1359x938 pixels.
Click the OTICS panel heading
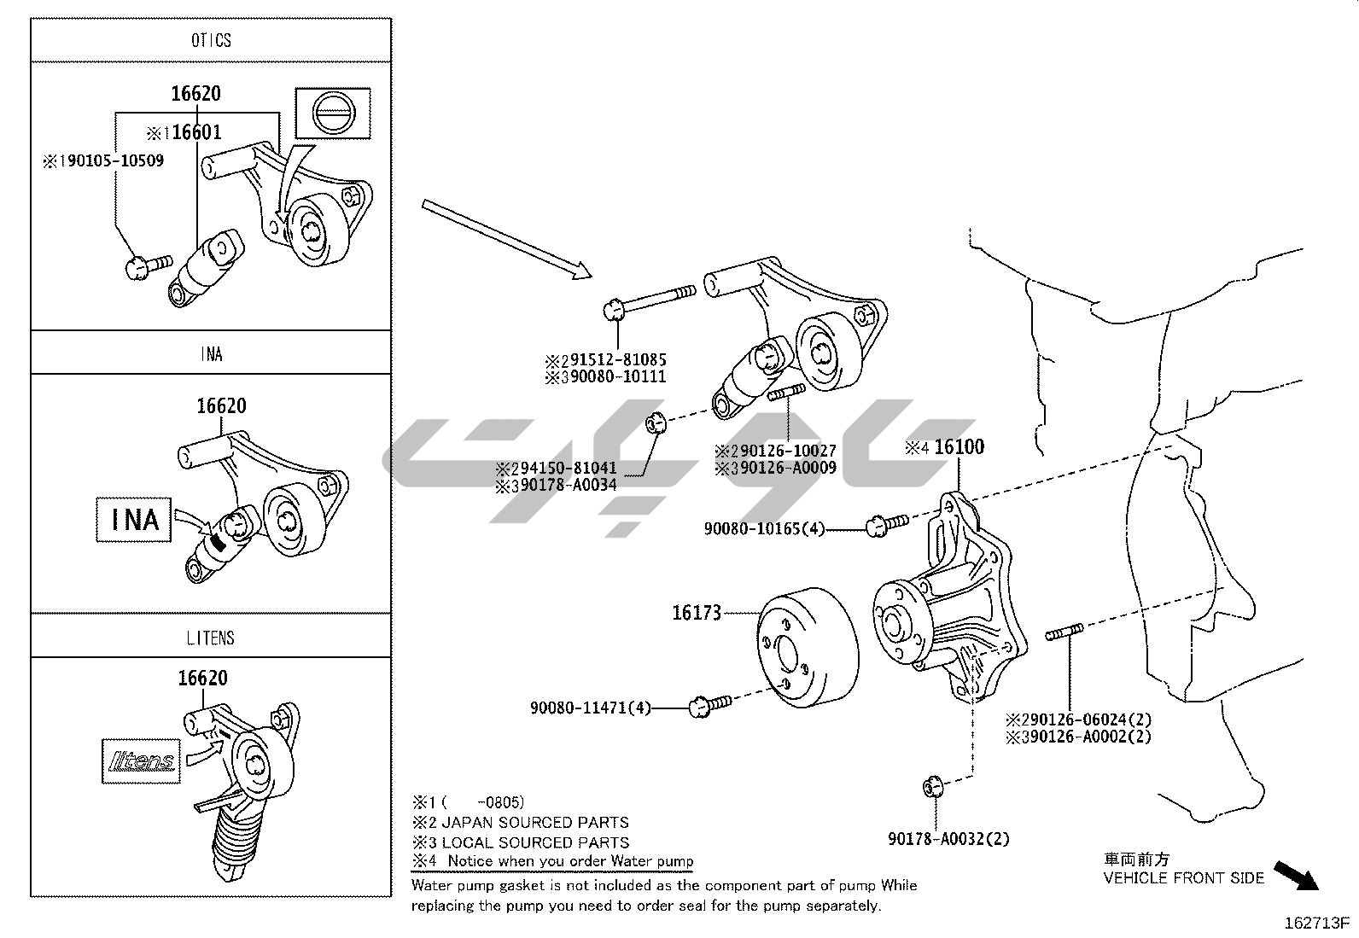coord(211,40)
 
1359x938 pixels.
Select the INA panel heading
coord(211,352)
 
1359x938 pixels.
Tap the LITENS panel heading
coord(210,637)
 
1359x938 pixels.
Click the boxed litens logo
coord(141,760)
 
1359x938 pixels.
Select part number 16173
coord(697,612)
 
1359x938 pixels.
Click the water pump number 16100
coord(959,446)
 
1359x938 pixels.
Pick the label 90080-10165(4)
coord(764,528)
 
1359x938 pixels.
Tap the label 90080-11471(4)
coord(590,707)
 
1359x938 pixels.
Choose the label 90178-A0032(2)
coord(948,838)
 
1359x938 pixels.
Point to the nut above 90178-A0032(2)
coord(932,786)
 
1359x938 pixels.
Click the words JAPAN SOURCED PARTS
coord(535,822)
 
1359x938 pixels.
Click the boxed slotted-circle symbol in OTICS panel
coord(333,114)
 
